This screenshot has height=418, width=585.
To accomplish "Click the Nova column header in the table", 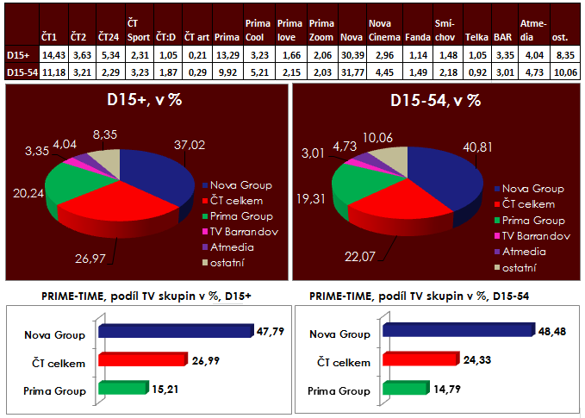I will (x=351, y=38).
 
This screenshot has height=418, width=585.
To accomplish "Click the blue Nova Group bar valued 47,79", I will (x=177, y=329).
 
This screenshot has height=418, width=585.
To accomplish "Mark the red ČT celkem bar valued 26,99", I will (x=142, y=358).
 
